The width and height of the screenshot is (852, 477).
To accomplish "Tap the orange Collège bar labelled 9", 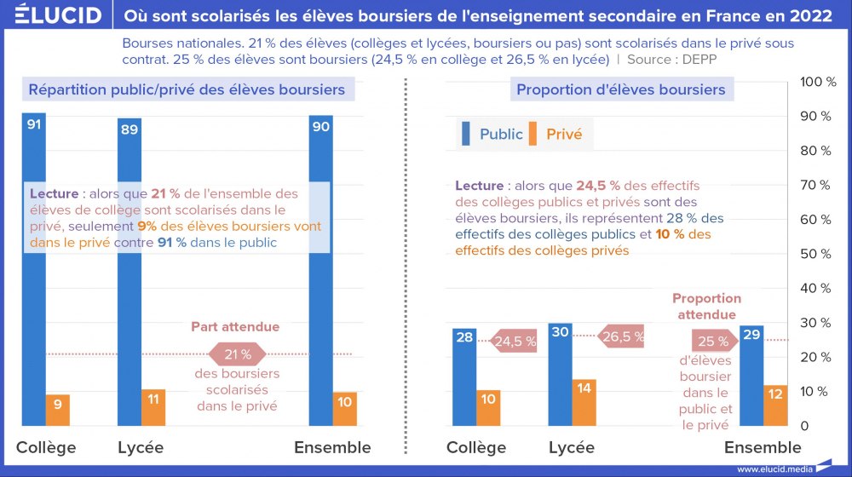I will point(58,410).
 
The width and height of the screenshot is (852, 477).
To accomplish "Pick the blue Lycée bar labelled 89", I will point(130,273).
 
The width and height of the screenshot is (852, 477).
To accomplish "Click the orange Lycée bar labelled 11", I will point(153,407).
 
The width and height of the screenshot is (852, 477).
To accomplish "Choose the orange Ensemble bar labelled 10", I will point(345,409).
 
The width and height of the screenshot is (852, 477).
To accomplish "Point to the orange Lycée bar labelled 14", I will point(584,402).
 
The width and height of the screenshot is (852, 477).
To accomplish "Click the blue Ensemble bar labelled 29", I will point(751,375).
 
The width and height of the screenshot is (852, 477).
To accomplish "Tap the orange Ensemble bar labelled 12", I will point(775,405).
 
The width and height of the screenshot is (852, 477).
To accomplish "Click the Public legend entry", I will point(492,135).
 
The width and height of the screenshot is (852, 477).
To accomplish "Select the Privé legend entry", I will point(556,135).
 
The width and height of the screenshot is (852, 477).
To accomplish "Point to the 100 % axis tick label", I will point(820,81).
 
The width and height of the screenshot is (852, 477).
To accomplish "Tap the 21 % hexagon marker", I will point(236,354).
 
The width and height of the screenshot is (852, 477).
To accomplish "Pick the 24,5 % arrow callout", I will point(514,342).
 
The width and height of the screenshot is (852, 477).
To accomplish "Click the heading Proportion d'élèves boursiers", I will point(620,89).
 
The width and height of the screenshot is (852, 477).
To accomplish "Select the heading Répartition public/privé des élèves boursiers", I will point(187,89).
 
